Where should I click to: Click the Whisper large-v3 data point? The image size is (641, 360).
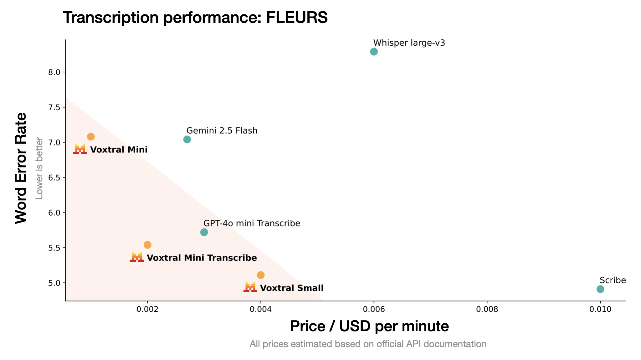pyautogui.click(x=374, y=52)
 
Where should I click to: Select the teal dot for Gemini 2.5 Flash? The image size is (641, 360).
pyautogui.click(x=187, y=139)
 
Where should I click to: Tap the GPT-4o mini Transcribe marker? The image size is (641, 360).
pyautogui.click(x=204, y=232)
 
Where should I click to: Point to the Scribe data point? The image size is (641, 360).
pyautogui.click(x=600, y=289)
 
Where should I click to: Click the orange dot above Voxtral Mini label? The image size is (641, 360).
pyautogui.click(x=91, y=136)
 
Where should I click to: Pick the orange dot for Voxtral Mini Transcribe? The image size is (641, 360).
pyautogui.click(x=147, y=245)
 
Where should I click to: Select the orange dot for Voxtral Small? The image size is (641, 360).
pyautogui.click(x=261, y=275)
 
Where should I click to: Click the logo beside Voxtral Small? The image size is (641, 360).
pyautogui.click(x=250, y=287)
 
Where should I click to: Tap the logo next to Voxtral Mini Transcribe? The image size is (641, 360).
pyautogui.click(x=137, y=257)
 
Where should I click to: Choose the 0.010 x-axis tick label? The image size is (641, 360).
pyautogui.click(x=600, y=309)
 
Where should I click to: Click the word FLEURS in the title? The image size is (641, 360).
pyautogui.click(x=297, y=18)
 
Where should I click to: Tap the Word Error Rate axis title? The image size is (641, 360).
pyautogui.click(x=21, y=168)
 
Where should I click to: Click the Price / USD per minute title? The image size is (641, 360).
pyautogui.click(x=369, y=326)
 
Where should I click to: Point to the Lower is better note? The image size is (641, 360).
pyautogui.click(x=39, y=168)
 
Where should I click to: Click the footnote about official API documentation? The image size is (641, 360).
pyautogui.click(x=368, y=344)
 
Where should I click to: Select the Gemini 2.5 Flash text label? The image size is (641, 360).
pyautogui.click(x=222, y=131)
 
